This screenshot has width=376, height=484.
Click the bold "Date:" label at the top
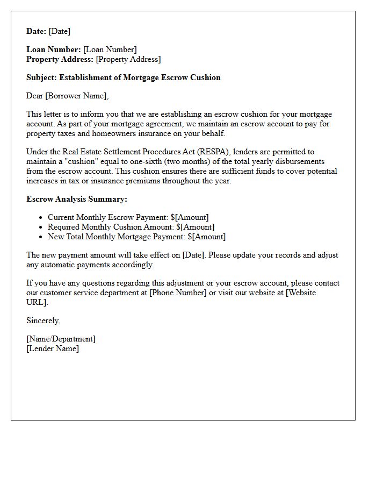37,31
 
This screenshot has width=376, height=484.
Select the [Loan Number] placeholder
110,50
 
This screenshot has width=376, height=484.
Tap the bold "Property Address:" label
60,59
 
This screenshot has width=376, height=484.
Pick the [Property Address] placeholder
128,59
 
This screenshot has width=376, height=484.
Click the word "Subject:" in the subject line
41,77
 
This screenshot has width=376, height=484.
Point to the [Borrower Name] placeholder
77,96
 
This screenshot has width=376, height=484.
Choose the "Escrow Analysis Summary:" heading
77,199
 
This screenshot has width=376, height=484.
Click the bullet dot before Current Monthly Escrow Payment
41,218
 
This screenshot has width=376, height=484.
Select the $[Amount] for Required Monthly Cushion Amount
195,227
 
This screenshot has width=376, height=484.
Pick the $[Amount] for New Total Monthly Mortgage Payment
207,237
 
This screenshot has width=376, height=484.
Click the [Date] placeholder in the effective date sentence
193,255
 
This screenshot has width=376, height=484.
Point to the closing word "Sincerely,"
44,321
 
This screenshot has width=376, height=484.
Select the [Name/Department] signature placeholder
61,339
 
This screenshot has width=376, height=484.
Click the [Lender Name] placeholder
53,348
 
